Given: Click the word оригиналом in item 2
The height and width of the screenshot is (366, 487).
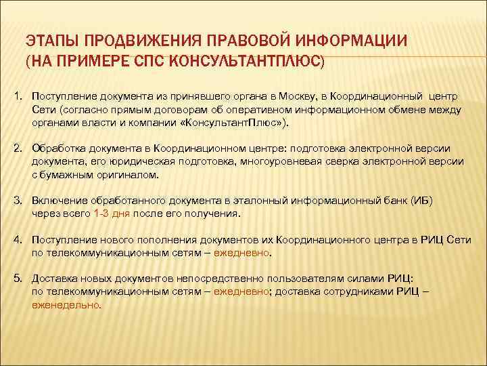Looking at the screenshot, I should [126, 175].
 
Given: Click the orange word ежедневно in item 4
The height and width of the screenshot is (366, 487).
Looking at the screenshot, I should [241, 253].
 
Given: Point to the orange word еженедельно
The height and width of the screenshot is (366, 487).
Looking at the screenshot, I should [66, 305].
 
